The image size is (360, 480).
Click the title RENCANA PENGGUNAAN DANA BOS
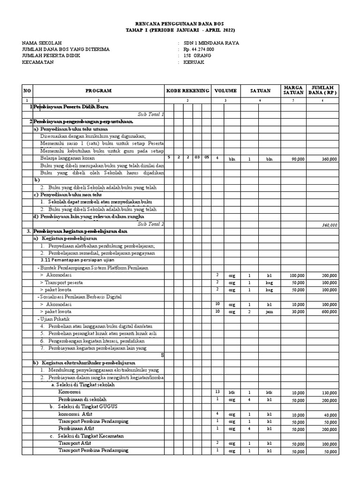[x=180, y=23]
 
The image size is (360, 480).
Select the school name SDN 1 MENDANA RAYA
[x=211, y=43]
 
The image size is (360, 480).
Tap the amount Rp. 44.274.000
[x=199, y=49]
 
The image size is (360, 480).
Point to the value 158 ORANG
[x=197, y=56]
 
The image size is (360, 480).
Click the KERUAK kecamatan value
[x=194, y=62]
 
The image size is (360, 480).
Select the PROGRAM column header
[x=98, y=90]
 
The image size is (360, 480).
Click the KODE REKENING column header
[x=187, y=90]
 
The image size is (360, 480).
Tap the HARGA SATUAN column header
[x=294, y=90]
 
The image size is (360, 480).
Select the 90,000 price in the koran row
[x=298, y=159]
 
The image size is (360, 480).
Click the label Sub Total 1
[x=151, y=114]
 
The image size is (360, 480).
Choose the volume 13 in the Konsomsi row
[x=217, y=391]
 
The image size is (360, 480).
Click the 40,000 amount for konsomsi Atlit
[x=330, y=414]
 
